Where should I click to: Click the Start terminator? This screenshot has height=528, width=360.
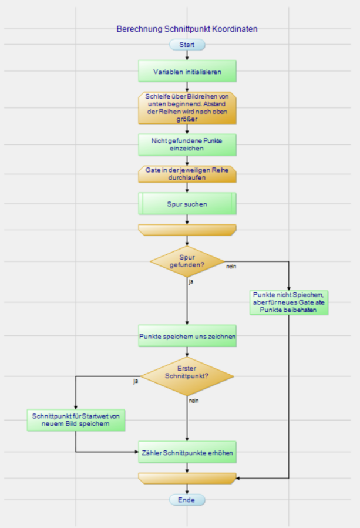coord(187,45)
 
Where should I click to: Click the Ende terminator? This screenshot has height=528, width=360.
coord(187,500)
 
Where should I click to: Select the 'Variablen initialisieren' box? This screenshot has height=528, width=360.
coord(187,72)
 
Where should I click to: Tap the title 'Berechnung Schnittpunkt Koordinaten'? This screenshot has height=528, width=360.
coord(187,28)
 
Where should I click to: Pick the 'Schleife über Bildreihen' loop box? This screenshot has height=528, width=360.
coord(187,107)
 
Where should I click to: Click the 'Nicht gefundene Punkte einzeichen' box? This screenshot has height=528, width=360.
coord(187,144)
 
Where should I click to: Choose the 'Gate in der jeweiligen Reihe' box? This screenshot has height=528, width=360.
coord(187,173)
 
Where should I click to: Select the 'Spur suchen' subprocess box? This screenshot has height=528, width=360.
coord(187,204)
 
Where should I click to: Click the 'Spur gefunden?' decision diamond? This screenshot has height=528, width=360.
coord(187,261)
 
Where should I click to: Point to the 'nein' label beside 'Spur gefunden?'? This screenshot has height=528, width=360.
coord(231,267)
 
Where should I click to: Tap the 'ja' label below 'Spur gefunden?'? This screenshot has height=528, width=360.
coord(190,283)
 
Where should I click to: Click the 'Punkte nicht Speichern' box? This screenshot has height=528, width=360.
coord(288,302)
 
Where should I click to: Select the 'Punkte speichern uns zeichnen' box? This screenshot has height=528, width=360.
coord(187,337)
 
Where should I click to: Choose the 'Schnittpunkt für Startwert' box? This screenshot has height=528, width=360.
coord(76,420)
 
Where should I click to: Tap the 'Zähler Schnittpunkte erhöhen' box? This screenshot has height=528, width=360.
coord(187,453)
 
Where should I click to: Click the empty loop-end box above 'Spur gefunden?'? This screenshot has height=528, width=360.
coord(187,229)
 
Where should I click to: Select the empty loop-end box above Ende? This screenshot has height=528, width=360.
coord(187,478)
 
